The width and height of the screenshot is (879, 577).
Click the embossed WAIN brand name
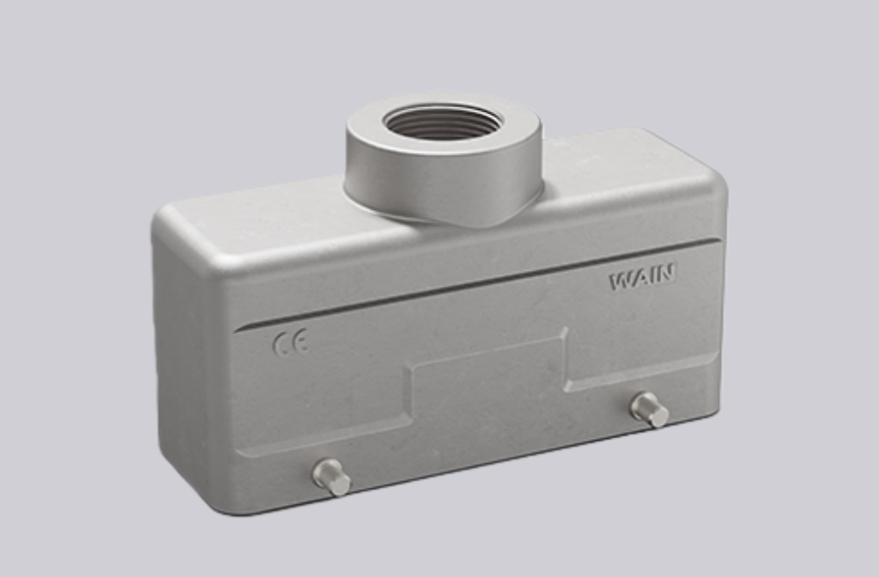coord(643,278)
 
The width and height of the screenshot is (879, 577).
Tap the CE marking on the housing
coord(290,343)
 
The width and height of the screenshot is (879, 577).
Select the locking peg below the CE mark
coord(331,477)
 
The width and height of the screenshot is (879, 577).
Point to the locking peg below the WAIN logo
coord(650,409)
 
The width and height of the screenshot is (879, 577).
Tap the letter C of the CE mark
coord(281,343)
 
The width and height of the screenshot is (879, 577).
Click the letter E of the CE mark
coord(300,343)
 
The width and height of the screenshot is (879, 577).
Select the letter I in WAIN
coord(651,277)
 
